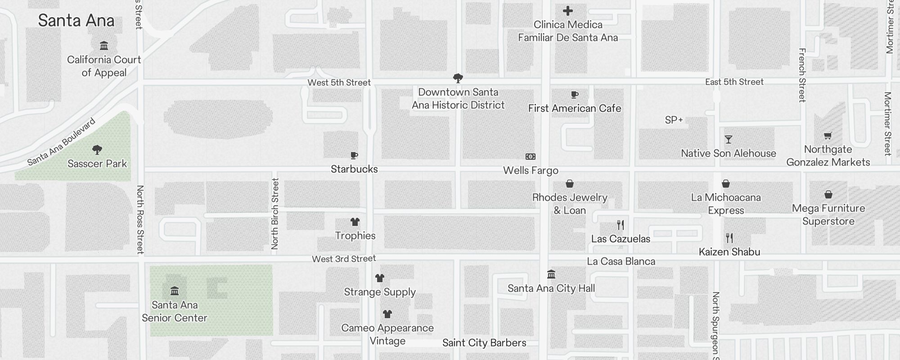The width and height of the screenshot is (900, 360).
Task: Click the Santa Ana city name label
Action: pyautogui.click(x=76, y=21)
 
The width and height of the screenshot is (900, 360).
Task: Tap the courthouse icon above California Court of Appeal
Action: pyautogui.click(x=104, y=45)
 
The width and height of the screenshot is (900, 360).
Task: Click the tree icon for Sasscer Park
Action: pyautogui.click(x=97, y=149)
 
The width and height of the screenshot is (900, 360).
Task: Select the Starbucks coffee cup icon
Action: pyautogui.click(x=354, y=156)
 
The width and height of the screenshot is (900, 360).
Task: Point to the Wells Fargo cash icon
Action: pyautogui.click(x=531, y=157)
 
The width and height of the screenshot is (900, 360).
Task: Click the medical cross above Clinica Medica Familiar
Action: pyautogui.click(x=568, y=11)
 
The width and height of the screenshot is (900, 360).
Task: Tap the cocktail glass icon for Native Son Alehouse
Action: pyautogui.click(x=728, y=139)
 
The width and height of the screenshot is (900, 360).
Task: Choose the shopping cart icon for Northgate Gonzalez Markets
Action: pyautogui.click(x=828, y=135)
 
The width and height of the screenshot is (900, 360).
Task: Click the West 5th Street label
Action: pyautogui.click(x=339, y=82)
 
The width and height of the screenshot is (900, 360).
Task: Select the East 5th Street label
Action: pyautogui.click(x=734, y=82)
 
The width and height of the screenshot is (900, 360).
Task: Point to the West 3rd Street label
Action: pyautogui.click(x=344, y=259)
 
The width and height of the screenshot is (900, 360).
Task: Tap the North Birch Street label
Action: pyautogui.click(x=275, y=214)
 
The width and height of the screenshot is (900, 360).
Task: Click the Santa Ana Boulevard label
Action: pyautogui.click(x=62, y=142)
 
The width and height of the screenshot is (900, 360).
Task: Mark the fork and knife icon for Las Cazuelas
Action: pyautogui.click(x=621, y=225)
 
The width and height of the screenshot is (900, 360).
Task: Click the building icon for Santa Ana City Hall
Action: pyautogui.click(x=551, y=274)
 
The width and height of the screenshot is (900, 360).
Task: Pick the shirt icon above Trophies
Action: pyautogui.click(x=355, y=222)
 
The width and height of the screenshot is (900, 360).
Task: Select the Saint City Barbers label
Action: pyautogui.click(x=484, y=343)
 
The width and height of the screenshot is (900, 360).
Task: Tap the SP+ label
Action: pyautogui.click(x=674, y=120)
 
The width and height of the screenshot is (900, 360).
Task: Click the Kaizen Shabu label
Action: pyautogui.click(x=729, y=252)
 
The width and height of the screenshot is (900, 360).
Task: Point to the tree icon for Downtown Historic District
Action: pyautogui.click(x=458, y=78)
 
